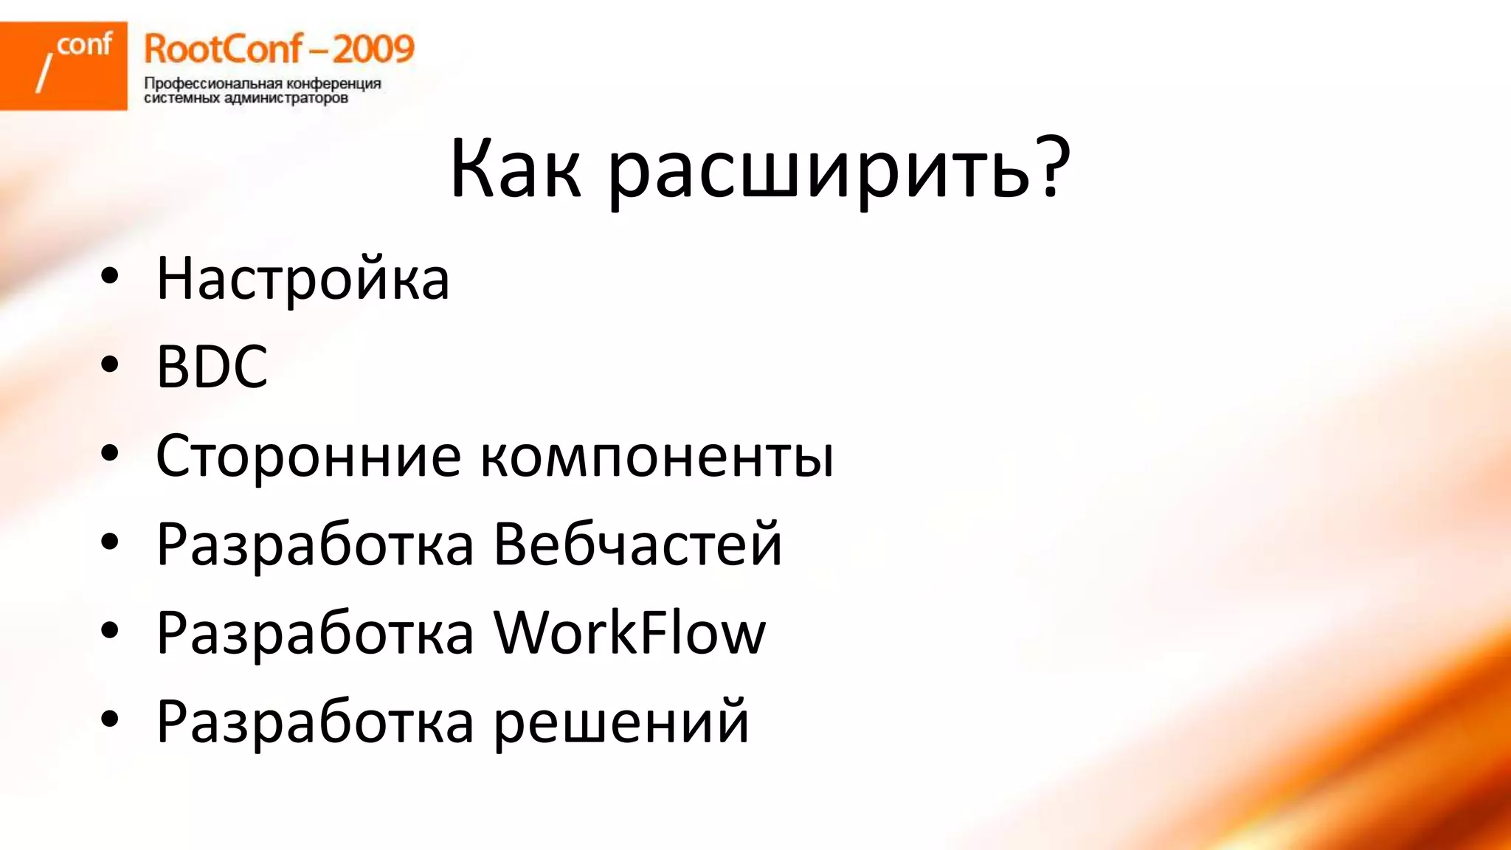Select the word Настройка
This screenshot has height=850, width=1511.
coord(302,279)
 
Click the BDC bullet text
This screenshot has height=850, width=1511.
coord(212,367)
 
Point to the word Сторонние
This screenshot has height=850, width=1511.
coord(308,456)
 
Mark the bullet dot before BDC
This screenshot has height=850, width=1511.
coord(110,365)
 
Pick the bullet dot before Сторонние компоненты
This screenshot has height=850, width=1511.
coord(110,455)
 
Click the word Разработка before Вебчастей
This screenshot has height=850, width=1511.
coord(315,546)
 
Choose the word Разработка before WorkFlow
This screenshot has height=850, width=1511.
coord(315,635)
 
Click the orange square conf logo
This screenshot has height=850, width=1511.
coord(63,66)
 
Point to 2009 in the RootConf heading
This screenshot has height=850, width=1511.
coord(373,49)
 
